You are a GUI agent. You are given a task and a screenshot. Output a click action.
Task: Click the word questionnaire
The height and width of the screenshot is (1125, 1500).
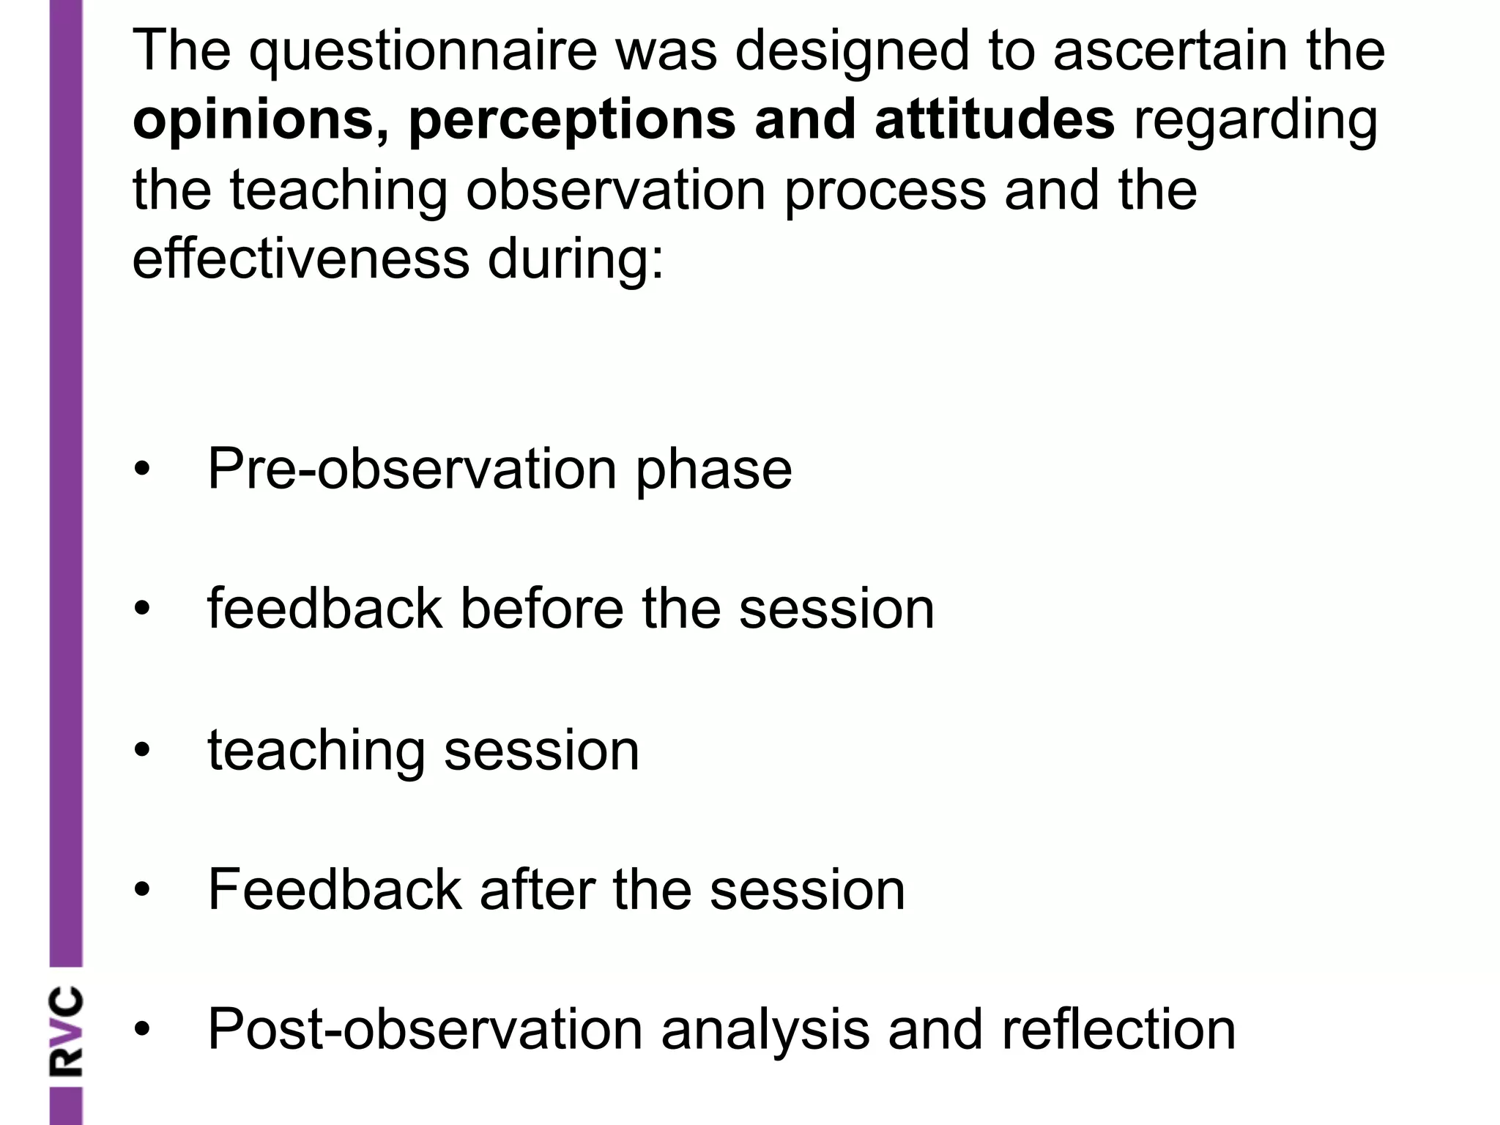tap(423, 51)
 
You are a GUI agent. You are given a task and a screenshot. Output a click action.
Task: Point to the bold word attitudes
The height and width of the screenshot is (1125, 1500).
tap(994, 120)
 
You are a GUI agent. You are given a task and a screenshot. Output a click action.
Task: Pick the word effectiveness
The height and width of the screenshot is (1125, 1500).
tap(300, 259)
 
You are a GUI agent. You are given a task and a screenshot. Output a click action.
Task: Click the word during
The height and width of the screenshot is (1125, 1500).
tap(576, 261)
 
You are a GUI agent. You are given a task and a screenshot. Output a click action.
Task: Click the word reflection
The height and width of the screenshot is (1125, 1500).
tap(1118, 1030)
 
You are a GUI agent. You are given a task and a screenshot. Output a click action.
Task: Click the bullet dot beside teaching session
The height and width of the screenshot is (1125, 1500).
tap(142, 750)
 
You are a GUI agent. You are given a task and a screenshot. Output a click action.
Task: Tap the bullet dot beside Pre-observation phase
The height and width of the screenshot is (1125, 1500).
tap(142, 469)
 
